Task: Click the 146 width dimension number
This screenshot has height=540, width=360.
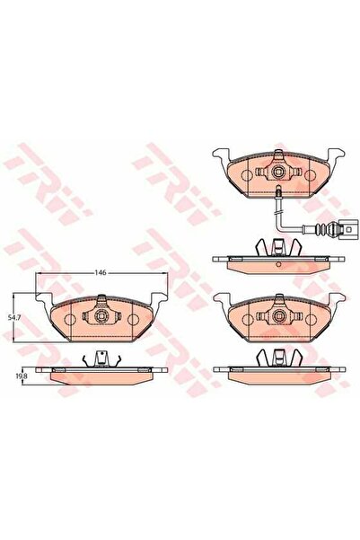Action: coord(102,270)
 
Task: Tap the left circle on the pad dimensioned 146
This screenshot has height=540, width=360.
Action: coord(72,318)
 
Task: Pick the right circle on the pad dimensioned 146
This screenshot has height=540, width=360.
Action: coord(131,318)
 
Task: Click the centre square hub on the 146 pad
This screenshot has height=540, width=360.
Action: coord(101,317)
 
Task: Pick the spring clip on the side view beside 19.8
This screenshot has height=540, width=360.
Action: coord(101,359)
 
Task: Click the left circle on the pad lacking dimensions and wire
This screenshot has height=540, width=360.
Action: coord(248,318)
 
